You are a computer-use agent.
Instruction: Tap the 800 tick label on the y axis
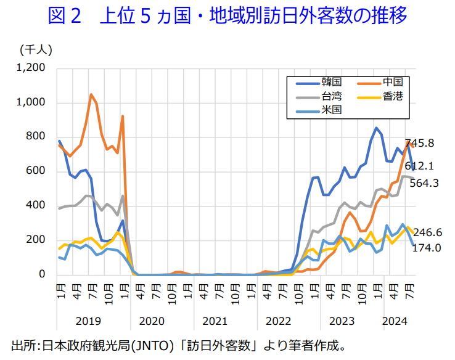click(x=36, y=136)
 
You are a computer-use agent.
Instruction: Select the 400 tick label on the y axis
click(x=36, y=205)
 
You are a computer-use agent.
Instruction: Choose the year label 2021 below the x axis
click(x=215, y=321)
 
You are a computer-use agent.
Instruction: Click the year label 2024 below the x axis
click(x=395, y=321)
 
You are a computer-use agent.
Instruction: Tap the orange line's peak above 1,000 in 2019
click(x=91, y=94)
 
